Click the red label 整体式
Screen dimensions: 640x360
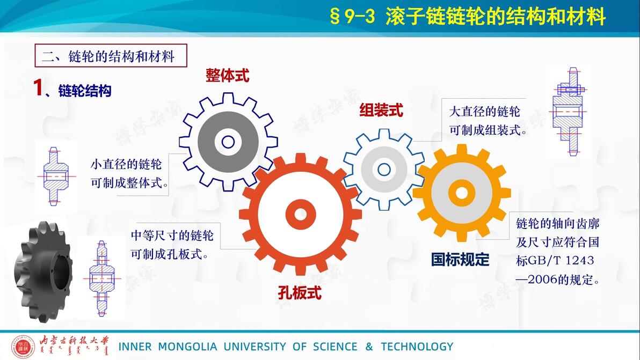227,76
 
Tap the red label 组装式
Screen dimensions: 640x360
381,110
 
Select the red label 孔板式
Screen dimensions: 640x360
300,292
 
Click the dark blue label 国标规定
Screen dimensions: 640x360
460,259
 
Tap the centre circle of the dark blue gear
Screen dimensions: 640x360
228,142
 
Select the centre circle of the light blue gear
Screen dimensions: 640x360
384,169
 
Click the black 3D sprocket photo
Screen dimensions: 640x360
43,272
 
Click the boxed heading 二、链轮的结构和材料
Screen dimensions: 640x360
111,55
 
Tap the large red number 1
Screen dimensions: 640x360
38,87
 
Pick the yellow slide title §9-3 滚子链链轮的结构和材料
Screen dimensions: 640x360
467,17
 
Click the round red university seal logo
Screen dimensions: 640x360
23,347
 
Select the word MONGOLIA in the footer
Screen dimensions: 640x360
187,347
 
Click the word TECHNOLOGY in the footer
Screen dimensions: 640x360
417,347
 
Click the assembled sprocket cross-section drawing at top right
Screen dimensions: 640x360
568,111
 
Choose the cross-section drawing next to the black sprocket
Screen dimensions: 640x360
102,278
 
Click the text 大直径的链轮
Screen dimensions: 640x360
484,111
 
